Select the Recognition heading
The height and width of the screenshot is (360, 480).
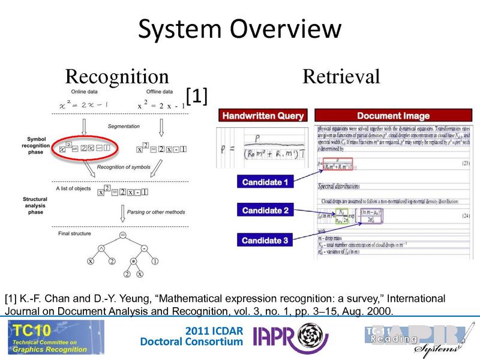click(x=117, y=76)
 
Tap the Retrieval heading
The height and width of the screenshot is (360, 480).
click(x=341, y=76)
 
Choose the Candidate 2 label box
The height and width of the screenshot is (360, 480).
click(x=265, y=211)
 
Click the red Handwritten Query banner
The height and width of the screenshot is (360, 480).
click(x=263, y=116)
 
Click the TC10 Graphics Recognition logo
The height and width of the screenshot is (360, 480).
click(x=54, y=337)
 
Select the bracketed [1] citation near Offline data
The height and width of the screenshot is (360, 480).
click(x=196, y=96)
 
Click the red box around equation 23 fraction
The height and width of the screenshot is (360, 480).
click(x=338, y=163)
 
